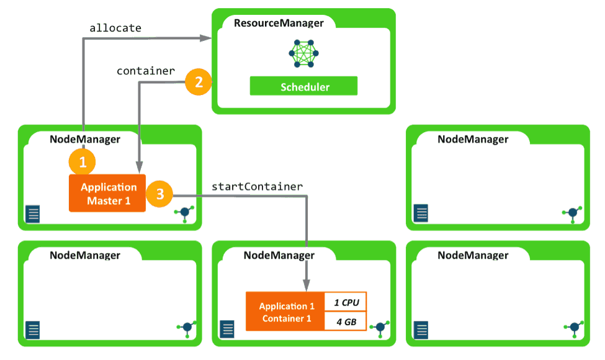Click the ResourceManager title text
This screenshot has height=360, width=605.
point(279,24)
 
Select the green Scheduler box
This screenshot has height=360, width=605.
point(303,86)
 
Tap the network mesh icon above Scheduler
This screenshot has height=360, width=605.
point(303,54)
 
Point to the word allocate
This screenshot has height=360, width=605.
point(115,28)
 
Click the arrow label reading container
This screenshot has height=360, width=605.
point(146,71)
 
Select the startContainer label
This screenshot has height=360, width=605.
point(257,186)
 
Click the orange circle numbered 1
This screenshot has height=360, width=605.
point(83,162)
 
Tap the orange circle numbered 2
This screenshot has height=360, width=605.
point(199,83)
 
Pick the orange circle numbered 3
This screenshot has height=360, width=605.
point(159,194)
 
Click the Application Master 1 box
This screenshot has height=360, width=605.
point(107,193)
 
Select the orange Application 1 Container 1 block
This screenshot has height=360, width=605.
point(285,312)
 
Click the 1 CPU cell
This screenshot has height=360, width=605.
point(346,302)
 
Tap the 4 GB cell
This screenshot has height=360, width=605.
point(346,322)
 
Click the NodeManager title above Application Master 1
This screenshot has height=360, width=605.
point(85,140)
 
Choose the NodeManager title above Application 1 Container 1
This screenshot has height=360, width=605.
point(279,255)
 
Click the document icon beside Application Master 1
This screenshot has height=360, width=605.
point(33,214)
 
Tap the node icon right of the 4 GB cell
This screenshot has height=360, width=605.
point(380,327)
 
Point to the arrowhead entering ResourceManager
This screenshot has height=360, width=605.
point(207,39)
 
